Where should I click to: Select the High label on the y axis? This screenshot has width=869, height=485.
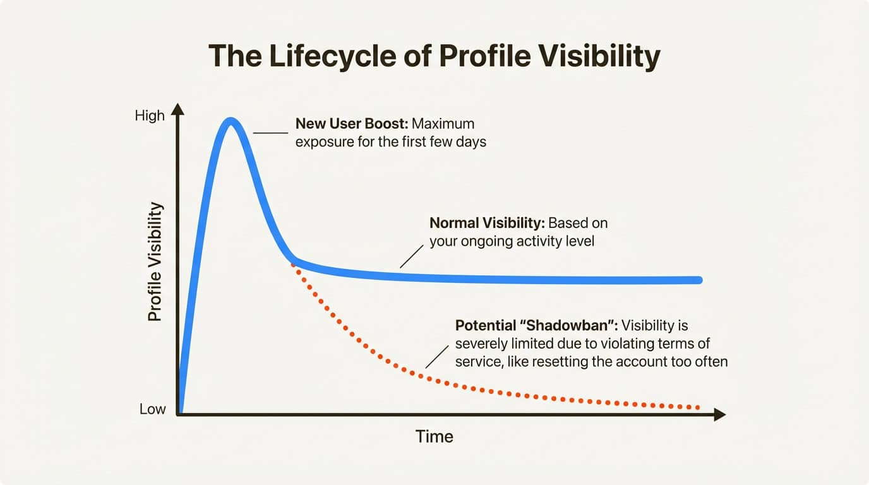pos(150,116)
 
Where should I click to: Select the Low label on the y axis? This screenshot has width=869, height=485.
pos(152,409)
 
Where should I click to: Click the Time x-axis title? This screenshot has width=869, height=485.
pos(434,436)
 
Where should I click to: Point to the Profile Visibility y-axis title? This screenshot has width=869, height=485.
pos(155,262)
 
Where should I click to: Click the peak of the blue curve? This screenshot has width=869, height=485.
pos(231,121)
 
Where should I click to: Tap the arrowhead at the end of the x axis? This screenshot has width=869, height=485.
pos(719,414)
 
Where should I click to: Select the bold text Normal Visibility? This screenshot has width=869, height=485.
pos(487,223)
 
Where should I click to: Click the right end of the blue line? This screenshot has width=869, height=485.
pos(699,280)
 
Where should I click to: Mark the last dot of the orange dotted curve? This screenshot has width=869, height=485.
pos(698,407)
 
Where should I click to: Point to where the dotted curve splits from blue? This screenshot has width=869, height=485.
pos(293,260)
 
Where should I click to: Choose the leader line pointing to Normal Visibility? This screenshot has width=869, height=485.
pos(412,256)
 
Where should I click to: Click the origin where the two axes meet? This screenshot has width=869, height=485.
pos(180,414)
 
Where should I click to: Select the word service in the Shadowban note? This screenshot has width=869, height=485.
pos(477,362)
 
